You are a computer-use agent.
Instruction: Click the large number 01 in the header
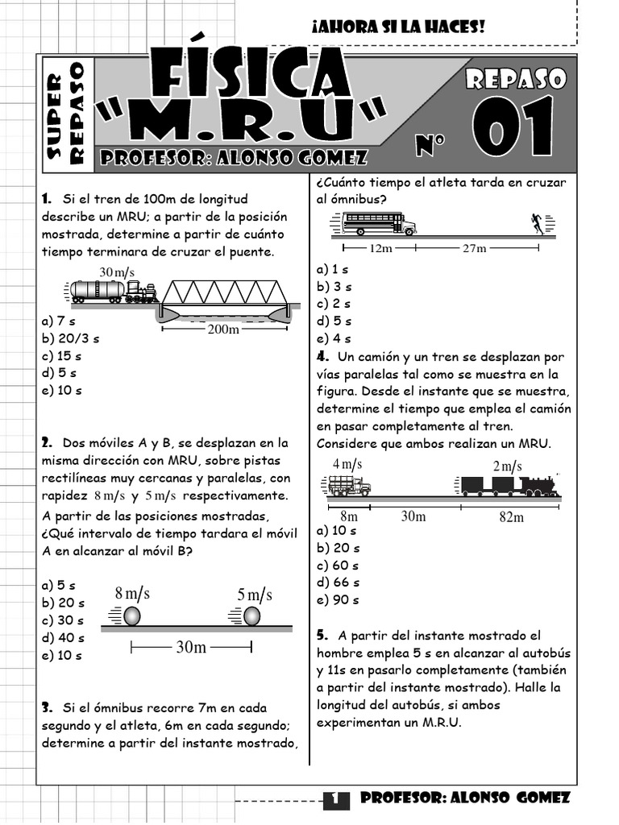click(x=513, y=127)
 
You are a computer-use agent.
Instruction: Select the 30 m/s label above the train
click(x=117, y=272)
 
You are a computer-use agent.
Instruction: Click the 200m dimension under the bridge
click(x=223, y=329)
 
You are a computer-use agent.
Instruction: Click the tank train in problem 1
click(x=113, y=292)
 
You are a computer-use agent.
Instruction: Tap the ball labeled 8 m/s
click(x=131, y=616)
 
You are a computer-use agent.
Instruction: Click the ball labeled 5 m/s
click(x=252, y=616)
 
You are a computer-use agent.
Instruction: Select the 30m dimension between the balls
click(x=191, y=648)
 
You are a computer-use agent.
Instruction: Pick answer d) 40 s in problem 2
click(x=63, y=638)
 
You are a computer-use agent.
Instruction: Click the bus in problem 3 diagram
click(x=378, y=223)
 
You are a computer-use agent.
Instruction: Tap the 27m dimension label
click(x=475, y=248)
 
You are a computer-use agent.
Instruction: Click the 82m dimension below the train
click(x=511, y=516)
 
